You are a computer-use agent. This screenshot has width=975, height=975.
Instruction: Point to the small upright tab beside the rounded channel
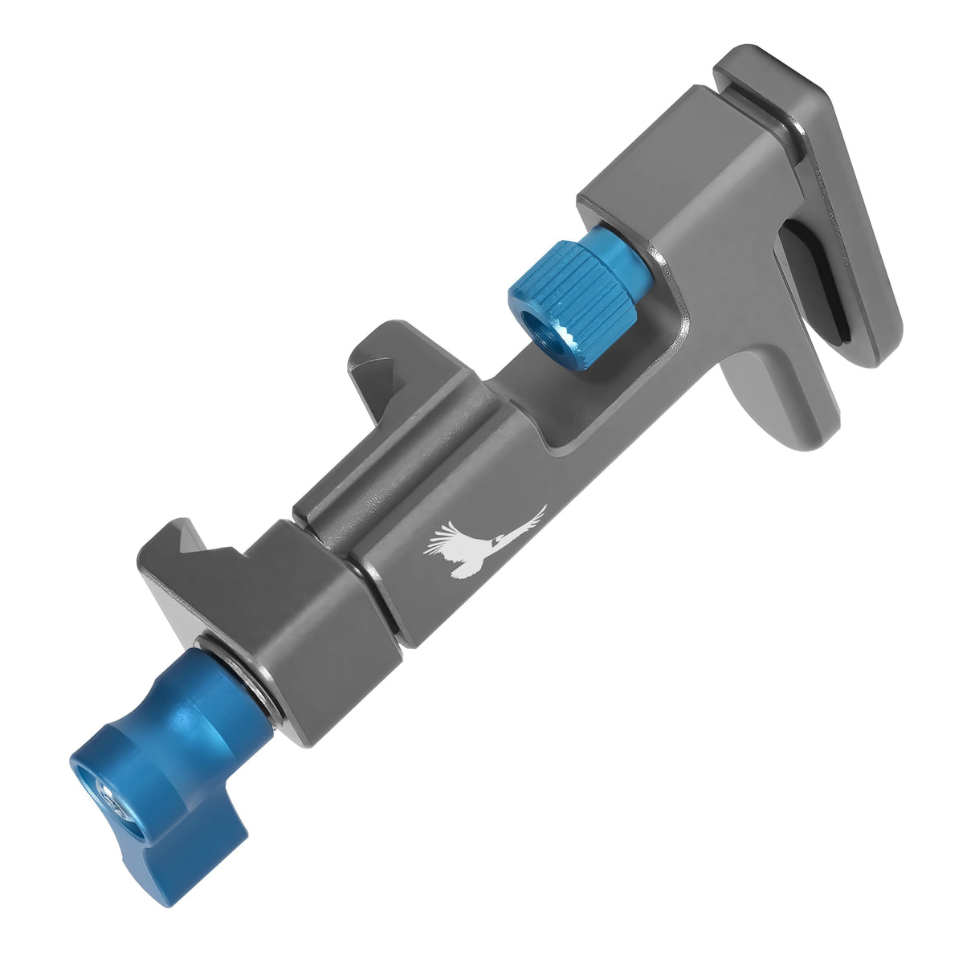pos(372,359)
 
